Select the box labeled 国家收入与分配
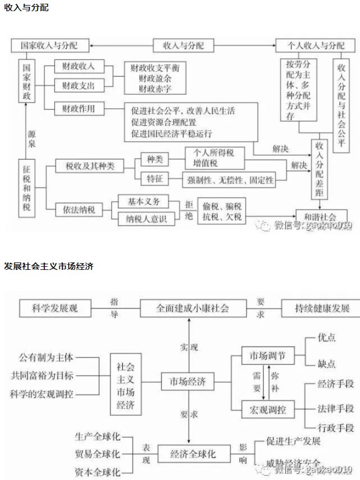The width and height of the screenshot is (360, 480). pyautogui.click(x=49, y=46)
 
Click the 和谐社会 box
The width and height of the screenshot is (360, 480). pyautogui.click(x=324, y=215)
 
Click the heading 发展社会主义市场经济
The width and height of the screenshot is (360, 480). pyautogui.click(x=49, y=266)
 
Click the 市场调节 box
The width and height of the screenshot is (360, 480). pyautogui.click(x=266, y=357)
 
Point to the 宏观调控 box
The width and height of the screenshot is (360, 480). pyautogui.click(x=266, y=410)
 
